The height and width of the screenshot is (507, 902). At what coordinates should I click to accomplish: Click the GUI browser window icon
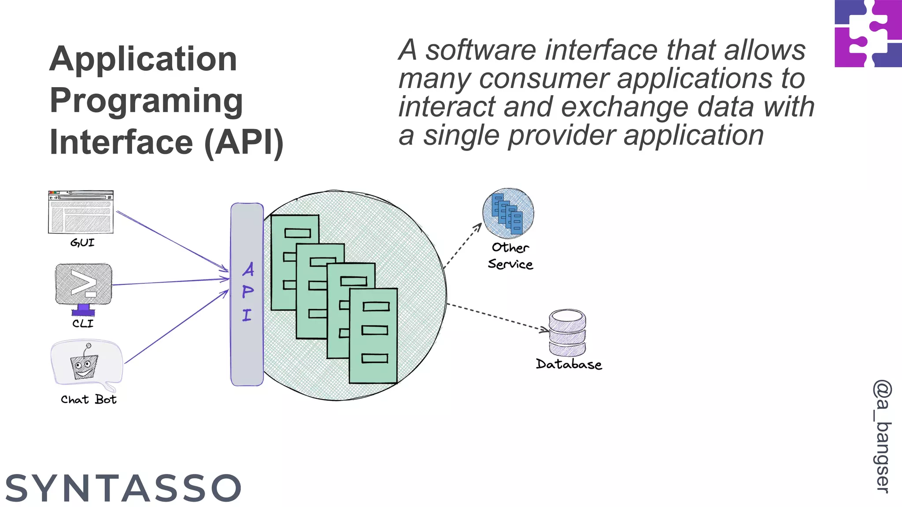(81, 212)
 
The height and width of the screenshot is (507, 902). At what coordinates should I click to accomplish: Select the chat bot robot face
(84, 365)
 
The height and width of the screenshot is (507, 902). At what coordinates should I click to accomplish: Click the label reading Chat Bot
(89, 400)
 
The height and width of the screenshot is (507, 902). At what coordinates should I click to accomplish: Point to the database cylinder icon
(567, 333)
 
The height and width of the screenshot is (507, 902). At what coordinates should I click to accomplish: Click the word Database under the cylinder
(569, 364)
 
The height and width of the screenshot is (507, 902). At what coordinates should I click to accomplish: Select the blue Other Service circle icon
(508, 213)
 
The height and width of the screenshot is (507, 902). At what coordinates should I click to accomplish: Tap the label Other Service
(510, 256)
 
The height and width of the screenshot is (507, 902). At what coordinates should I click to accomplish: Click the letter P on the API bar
(248, 292)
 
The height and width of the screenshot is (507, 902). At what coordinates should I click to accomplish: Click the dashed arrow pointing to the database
(498, 316)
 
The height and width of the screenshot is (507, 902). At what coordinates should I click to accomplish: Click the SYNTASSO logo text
(123, 488)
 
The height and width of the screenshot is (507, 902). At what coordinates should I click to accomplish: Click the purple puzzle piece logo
(868, 33)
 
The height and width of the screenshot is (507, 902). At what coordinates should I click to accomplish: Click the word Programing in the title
(146, 100)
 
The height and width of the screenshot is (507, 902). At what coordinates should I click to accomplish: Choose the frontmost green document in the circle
(373, 335)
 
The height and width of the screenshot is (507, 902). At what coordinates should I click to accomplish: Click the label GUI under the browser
(82, 242)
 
